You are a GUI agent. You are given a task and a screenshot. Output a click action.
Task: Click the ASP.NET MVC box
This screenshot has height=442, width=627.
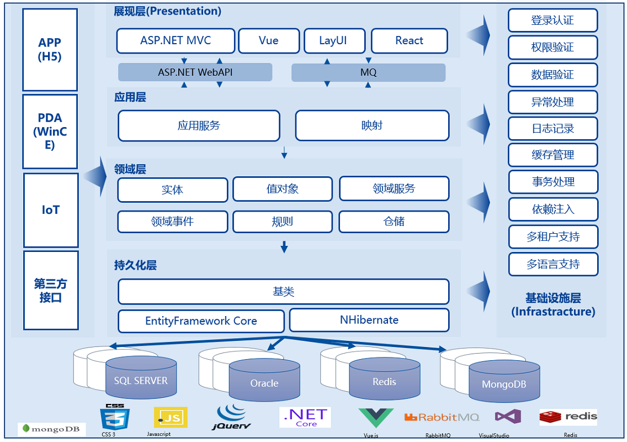[176, 41]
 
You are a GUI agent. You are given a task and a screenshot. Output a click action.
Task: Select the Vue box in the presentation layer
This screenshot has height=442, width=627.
[268, 41]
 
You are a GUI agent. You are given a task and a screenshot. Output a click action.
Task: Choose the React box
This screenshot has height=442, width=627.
[409, 41]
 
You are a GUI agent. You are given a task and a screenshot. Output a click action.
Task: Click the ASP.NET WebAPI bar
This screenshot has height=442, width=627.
[195, 72]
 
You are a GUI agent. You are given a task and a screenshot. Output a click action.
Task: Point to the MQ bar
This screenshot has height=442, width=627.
[368, 72]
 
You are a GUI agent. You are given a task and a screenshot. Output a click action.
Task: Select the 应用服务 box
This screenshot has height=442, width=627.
[199, 126]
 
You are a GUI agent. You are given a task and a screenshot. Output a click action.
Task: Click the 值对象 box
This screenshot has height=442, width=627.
[282, 189]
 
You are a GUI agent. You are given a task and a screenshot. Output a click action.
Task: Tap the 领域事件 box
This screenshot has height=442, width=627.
[172, 222]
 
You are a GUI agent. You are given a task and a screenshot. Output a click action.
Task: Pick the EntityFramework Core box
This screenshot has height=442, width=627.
[201, 321]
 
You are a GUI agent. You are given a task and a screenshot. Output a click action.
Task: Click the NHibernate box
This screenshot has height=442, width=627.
[369, 320]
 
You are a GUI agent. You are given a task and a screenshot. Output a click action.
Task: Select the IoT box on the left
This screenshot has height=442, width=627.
[50, 210]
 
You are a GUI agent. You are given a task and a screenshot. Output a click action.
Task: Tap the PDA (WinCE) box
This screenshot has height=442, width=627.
[50, 131]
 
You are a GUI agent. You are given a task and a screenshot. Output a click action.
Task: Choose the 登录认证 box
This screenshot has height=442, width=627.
[552, 20]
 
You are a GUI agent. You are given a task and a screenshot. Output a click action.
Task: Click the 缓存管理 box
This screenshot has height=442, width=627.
[552, 155]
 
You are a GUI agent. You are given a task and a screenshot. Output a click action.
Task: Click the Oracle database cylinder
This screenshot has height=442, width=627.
[264, 382]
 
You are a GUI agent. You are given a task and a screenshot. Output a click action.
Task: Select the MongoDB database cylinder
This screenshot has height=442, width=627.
[504, 383]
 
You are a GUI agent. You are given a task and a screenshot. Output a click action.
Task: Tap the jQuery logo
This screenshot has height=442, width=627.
[232, 418]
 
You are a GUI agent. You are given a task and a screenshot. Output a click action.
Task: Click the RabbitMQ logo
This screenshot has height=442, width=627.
[442, 418]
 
